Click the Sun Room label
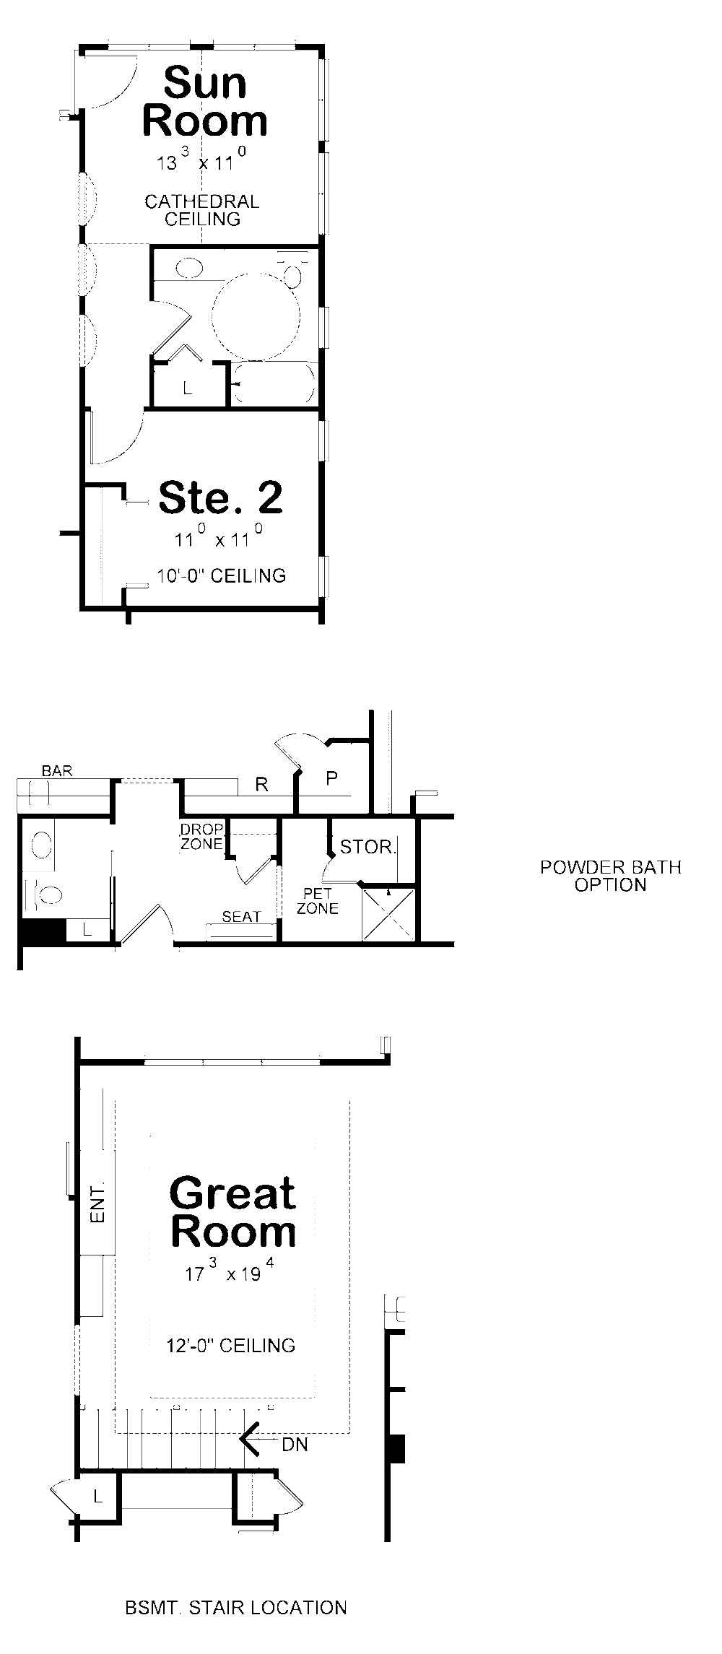pos(205,102)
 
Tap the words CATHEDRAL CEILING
pos(202,210)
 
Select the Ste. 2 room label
pos(220,497)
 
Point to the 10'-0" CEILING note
pos(222,575)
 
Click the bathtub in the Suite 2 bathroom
pos(273,383)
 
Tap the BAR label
pos(57,771)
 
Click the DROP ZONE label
pos(201,836)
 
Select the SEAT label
pos(241,917)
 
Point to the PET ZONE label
pos(318,902)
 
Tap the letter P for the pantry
pos(332,778)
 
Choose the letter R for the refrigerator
pos(262,785)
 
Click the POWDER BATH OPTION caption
pos(611,876)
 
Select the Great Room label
pos(233,1213)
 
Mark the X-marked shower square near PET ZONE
pos(389,915)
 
